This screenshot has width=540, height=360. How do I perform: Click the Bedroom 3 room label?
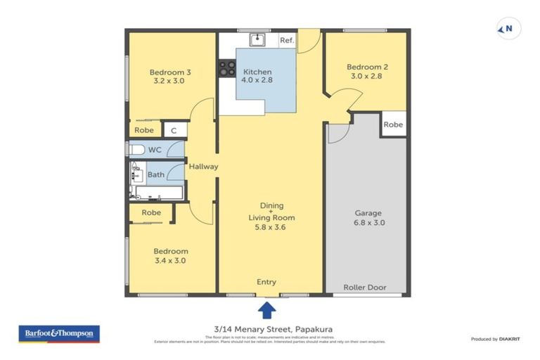(170, 76)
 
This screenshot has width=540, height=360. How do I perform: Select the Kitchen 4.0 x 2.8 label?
(257, 76)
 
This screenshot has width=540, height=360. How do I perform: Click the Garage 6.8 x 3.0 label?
(364, 217)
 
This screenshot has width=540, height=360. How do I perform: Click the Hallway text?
(203, 167)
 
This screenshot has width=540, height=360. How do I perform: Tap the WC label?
(155, 150)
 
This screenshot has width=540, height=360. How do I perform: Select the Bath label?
(155, 174)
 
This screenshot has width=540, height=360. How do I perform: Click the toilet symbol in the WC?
(136, 150)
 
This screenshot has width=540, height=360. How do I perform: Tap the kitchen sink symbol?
(257, 39)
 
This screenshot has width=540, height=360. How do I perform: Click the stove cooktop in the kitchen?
(227, 68)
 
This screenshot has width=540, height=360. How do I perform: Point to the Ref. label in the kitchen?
(287, 41)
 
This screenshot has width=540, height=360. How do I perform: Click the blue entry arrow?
(266, 309)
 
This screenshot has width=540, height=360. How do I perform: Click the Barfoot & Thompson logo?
(59, 333)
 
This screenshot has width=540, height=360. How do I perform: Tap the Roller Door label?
(364, 287)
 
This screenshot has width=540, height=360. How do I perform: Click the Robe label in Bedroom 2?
(393, 124)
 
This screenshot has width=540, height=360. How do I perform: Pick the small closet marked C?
(174, 130)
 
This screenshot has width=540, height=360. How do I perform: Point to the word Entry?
(266, 282)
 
